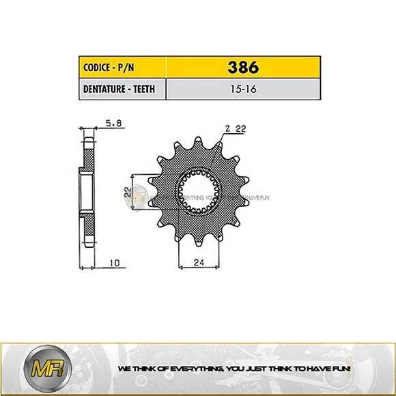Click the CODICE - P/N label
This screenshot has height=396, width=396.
[x=109, y=68]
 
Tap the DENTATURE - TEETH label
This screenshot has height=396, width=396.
[x=118, y=89]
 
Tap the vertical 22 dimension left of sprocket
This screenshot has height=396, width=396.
[x=128, y=193]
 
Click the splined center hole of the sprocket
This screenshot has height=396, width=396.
[x=198, y=192]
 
